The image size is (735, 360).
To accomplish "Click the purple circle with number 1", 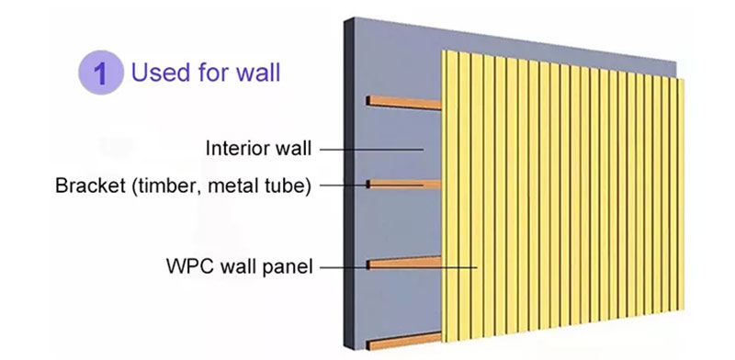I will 103,73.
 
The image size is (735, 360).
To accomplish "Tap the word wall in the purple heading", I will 257,72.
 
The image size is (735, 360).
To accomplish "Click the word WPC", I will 188,267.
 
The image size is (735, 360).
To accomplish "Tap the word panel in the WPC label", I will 286,267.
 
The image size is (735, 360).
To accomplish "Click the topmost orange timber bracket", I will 404,101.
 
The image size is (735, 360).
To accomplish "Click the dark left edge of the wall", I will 350,184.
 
